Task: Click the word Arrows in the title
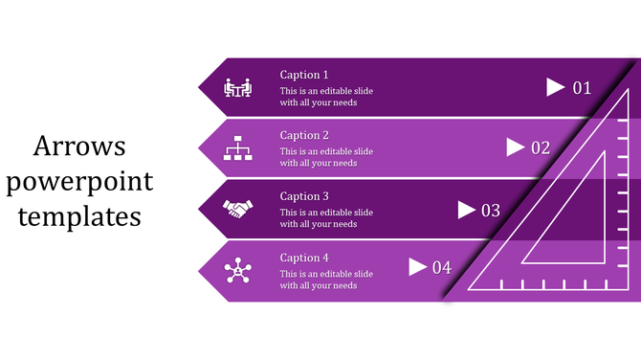[x=80, y=146]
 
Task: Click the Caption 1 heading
[x=304, y=75]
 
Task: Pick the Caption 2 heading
[x=304, y=136]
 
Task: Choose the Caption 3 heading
[x=304, y=196]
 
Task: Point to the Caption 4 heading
[x=304, y=258]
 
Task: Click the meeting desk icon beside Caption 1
[x=237, y=88]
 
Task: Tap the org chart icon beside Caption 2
[x=237, y=148]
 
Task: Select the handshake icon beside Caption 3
[x=237, y=207]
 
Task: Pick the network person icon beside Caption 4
[x=237, y=271]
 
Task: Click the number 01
[x=583, y=88]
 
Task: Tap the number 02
[x=541, y=148]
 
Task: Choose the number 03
[x=491, y=210]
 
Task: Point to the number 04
[x=441, y=268]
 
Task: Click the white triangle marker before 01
[x=555, y=87]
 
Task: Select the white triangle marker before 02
[x=515, y=147]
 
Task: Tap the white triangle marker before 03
[x=467, y=209]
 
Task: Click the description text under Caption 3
[x=320, y=218]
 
